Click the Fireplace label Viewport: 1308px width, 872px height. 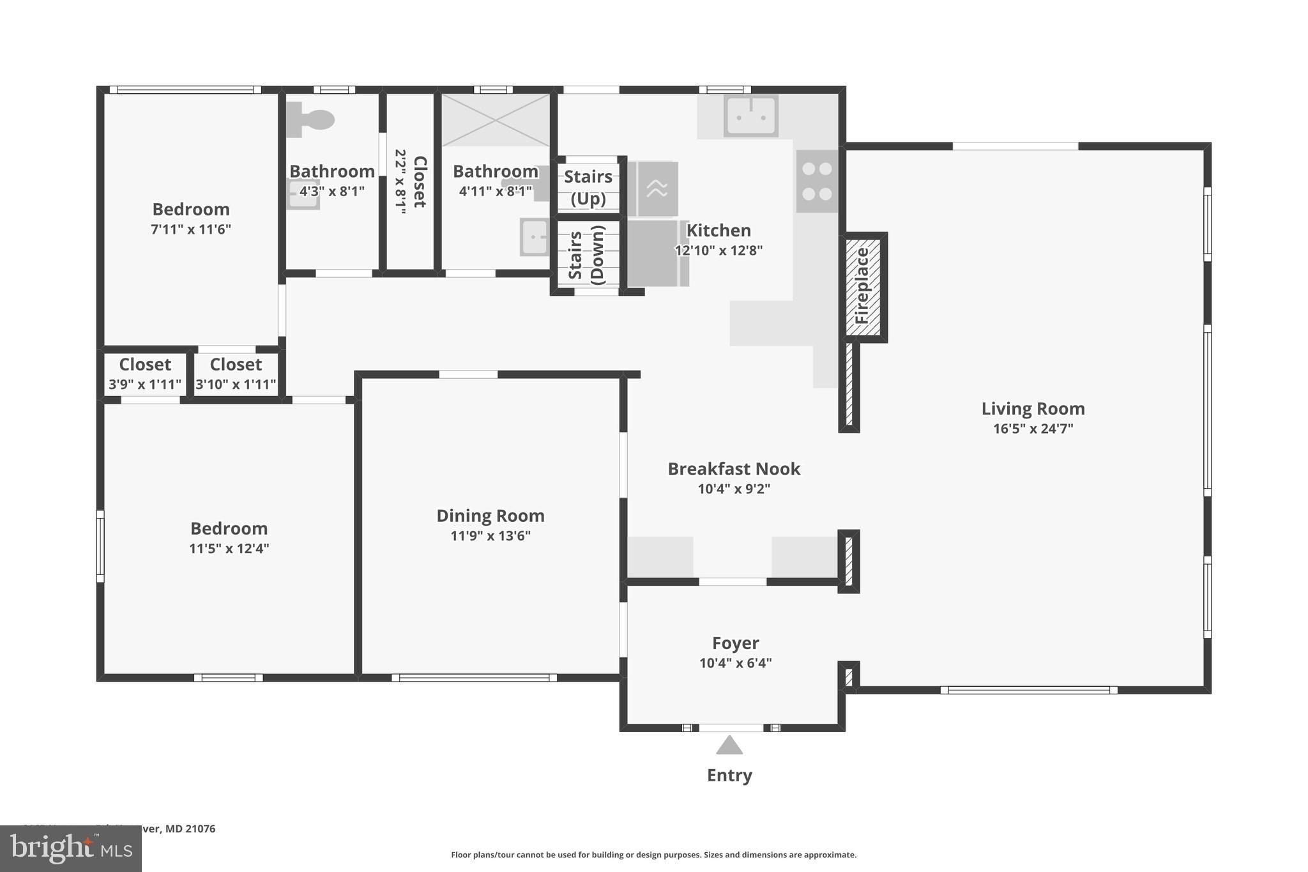(x=862, y=286)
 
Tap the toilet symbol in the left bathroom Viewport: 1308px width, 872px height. (x=311, y=119)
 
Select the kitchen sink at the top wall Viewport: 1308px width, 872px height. (x=750, y=116)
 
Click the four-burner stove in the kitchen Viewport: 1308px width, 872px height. (x=817, y=181)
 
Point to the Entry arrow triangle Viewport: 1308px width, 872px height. (x=729, y=746)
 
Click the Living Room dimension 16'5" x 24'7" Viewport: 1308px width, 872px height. (x=1033, y=429)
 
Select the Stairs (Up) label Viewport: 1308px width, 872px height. (x=588, y=187)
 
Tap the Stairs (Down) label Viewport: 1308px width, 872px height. (x=586, y=255)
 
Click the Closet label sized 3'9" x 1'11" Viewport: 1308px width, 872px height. (x=145, y=365)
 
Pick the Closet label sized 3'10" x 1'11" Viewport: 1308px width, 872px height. (x=236, y=365)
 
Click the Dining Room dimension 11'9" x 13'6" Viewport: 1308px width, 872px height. (x=490, y=536)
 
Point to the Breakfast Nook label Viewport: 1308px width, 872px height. (x=734, y=469)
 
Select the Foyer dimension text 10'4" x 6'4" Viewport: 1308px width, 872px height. (x=735, y=663)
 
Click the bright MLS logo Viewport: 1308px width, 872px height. (x=70, y=848)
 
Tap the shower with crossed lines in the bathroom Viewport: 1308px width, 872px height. (x=496, y=120)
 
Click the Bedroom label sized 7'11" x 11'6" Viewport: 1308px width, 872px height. (x=191, y=210)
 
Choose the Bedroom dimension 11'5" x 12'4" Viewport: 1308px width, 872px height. (x=229, y=549)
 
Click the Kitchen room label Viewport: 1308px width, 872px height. (x=719, y=231)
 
